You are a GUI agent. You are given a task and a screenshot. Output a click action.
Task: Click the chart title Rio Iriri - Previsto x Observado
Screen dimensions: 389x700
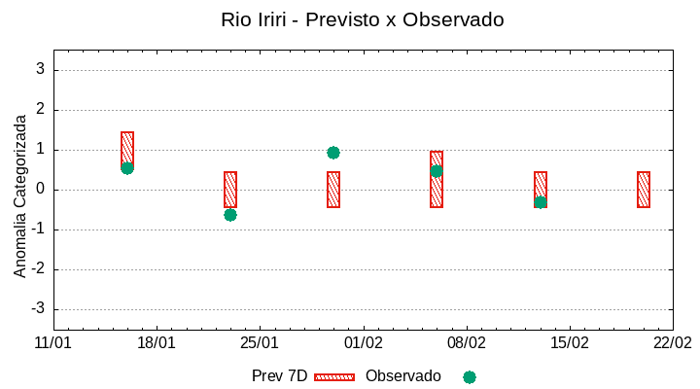(x=362, y=19)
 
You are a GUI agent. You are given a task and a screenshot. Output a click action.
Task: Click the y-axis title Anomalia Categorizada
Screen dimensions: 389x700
(x=20, y=195)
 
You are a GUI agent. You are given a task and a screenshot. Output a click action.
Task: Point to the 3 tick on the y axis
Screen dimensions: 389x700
(x=41, y=70)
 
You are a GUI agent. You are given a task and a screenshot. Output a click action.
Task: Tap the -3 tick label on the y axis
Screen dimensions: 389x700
(x=38, y=309)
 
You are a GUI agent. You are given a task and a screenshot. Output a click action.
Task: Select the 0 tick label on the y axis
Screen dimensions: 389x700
(x=41, y=190)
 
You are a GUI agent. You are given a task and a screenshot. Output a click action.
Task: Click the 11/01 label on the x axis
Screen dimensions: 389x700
(x=53, y=343)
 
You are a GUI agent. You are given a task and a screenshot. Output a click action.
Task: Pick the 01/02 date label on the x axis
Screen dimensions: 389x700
(x=363, y=343)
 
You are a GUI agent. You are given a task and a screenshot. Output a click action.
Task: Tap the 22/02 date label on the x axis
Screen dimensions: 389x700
(x=672, y=343)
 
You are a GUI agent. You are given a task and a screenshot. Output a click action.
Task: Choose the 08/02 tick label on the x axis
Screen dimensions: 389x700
(x=466, y=343)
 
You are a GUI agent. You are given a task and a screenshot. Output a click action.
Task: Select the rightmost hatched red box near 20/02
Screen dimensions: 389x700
(x=644, y=190)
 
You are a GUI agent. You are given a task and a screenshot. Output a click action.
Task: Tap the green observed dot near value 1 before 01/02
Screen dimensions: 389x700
(x=333, y=153)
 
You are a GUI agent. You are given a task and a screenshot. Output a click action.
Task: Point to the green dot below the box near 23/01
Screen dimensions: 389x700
(x=230, y=215)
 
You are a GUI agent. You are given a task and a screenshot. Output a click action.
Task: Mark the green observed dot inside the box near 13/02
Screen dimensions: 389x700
(x=541, y=202)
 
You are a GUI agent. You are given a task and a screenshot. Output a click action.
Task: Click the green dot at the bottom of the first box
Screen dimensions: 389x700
(x=127, y=168)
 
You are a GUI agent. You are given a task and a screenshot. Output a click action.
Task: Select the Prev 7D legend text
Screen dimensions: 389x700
(x=279, y=376)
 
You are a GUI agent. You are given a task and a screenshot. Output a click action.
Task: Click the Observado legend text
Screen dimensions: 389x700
(x=402, y=376)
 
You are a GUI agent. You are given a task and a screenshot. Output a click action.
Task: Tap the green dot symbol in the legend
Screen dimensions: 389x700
(x=470, y=377)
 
